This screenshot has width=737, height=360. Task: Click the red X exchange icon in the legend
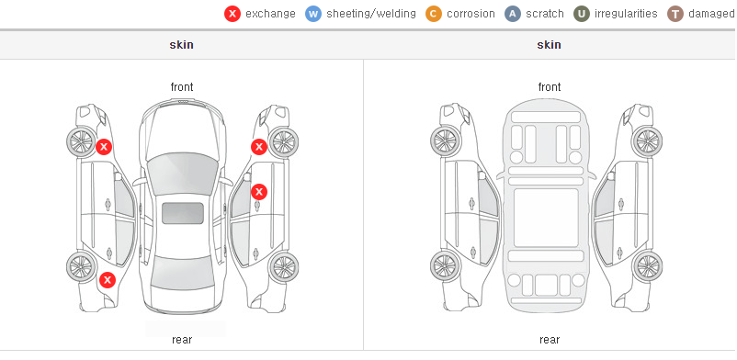pyautogui.click(x=232, y=14)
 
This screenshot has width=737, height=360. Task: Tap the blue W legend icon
pyautogui.click(x=313, y=14)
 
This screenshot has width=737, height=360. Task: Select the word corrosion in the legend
pyautogui.click(x=471, y=14)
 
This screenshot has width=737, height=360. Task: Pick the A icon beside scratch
pyautogui.click(x=513, y=14)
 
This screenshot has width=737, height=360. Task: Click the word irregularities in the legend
pyautogui.click(x=626, y=14)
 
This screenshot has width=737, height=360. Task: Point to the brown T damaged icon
pyautogui.click(x=675, y=14)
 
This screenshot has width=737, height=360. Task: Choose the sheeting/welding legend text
pyautogui.click(x=371, y=14)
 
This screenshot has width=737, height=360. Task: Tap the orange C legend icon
pyautogui.click(x=434, y=14)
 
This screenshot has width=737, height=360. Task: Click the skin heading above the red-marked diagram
pyautogui.click(x=181, y=45)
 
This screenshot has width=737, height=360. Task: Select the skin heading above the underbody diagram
pyautogui.click(x=549, y=45)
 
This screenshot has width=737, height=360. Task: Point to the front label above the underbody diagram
pyautogui.click(x=550, y=87)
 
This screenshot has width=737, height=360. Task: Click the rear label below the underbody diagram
pyautogui.click(x=550, y=340)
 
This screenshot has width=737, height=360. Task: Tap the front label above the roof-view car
pyautogui.click(x=182, y=87)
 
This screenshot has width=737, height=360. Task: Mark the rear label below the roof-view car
pyautogui.click(x=182, y=340)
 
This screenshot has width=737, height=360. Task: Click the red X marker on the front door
pyautogui.click(x=259, y=192)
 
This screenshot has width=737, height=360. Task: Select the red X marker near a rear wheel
pyautogui.click(x=108, y=281)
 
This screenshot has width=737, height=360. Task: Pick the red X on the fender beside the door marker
pyautogui.click(x=259, y=147)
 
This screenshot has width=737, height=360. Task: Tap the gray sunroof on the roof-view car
pyautogui.click(x=183, y=213)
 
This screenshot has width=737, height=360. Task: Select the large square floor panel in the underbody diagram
pyautogui.click(x=546, y=218)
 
